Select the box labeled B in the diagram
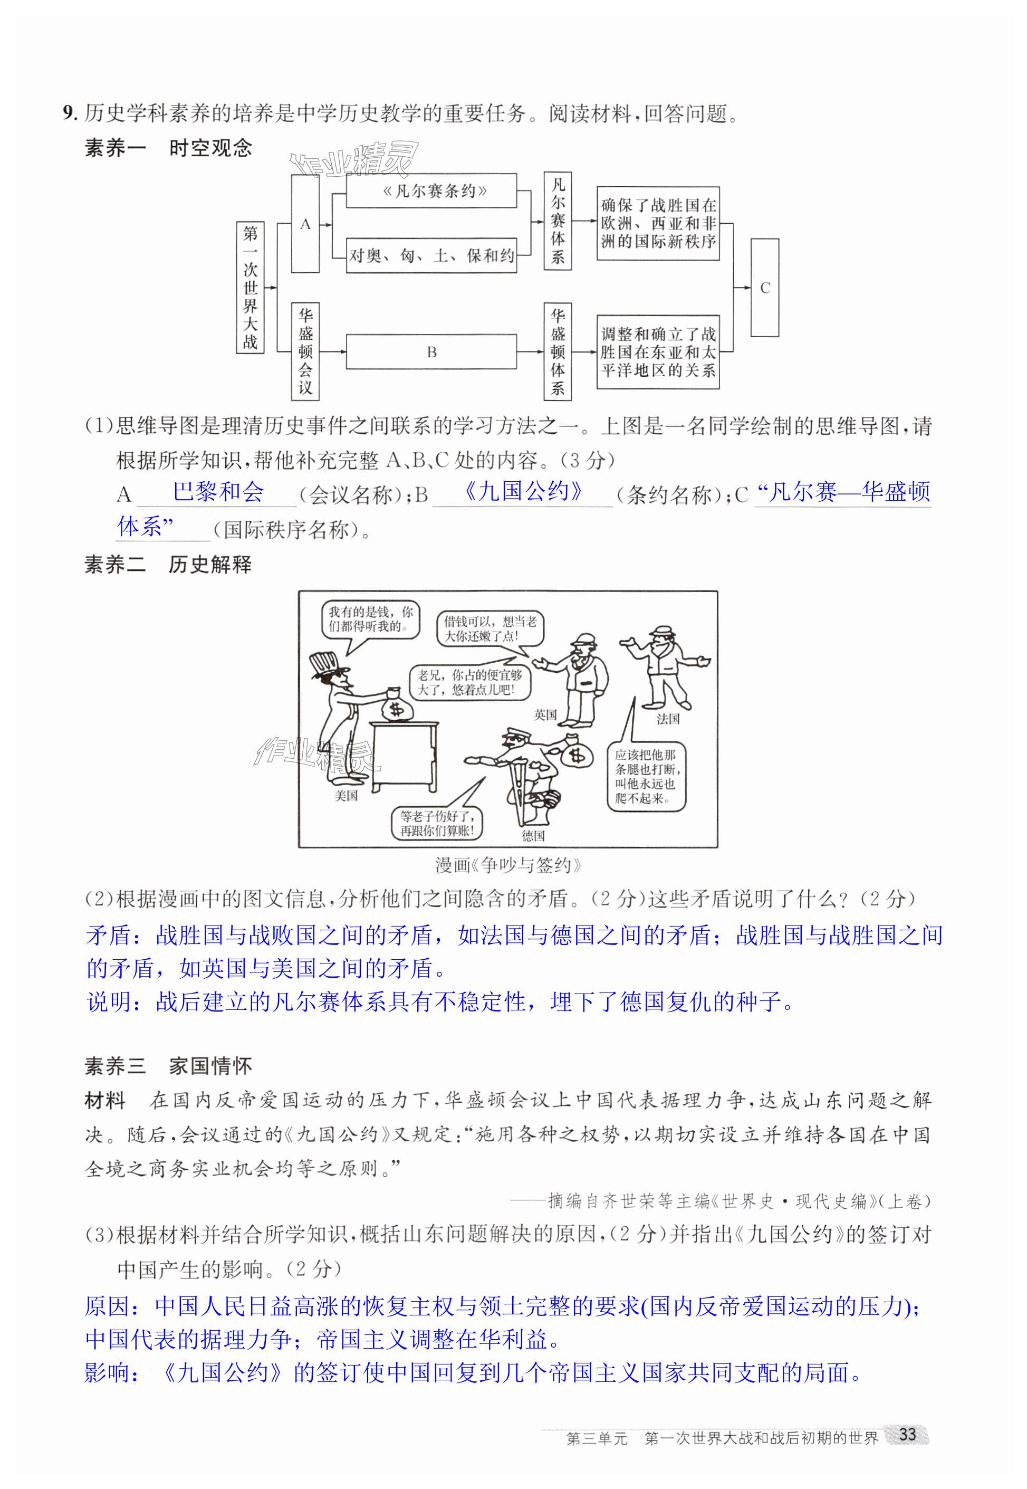click(431, 351)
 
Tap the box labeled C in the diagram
click(764, 288)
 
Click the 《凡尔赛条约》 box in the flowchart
click(431, 190)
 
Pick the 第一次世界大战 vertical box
click(251, 288)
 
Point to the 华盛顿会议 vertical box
click(305, 351)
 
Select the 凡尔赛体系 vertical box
click(557, 221)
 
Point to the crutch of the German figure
click(520, 790)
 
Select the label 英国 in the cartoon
click(545, 714)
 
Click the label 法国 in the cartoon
click(667, 719)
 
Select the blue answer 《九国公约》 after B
click(523, 492)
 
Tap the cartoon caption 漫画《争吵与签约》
click(508, 865)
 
